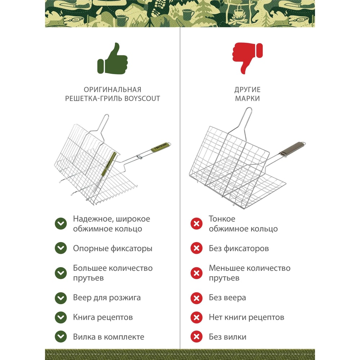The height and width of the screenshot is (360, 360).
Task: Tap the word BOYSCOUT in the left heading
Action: pos(142,99)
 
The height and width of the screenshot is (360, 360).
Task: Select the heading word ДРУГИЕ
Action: pos(247,90)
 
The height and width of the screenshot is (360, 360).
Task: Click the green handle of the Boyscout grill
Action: pos(161,147)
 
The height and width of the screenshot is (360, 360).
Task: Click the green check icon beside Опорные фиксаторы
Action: pos(61,248)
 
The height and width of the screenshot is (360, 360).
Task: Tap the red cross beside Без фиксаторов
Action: pos(197,248)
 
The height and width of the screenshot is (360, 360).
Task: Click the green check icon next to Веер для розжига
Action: pos(61,298)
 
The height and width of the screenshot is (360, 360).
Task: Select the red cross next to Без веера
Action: pos(197,298)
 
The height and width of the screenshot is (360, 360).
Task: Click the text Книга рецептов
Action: pos(103,317)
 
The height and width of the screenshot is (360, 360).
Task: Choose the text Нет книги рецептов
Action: pos(246,317)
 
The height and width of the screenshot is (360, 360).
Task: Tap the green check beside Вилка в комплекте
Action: pos(61,337)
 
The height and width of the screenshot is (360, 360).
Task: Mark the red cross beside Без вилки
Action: pos(197,337)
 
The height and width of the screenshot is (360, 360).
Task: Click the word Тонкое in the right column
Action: pos(222,219)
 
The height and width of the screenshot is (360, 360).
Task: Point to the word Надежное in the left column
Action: pos(92,219)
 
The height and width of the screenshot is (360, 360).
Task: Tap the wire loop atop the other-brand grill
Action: pos(246,120)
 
